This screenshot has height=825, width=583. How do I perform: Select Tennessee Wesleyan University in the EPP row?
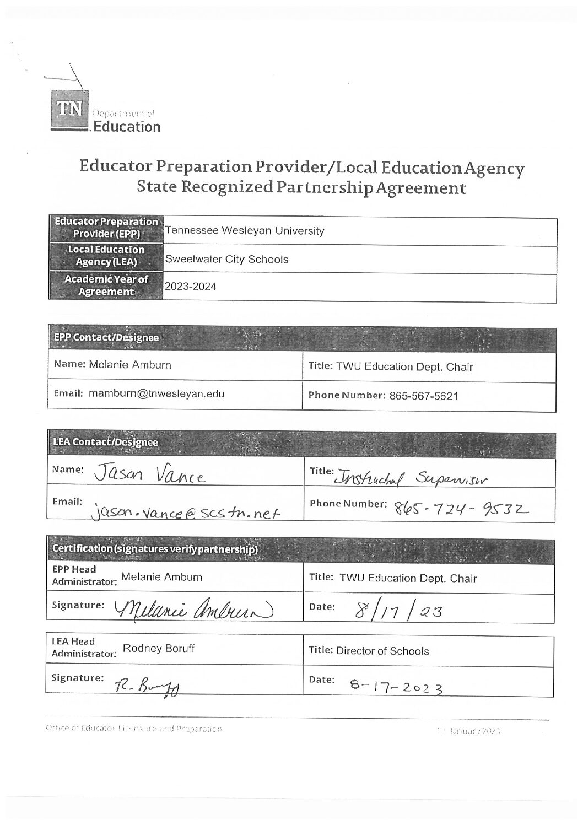coord(245,231)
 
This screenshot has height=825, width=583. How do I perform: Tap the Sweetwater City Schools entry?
coord(226,260)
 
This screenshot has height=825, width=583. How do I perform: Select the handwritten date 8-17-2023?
coord(397,685)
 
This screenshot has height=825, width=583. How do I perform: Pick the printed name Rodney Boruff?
coord(159,649)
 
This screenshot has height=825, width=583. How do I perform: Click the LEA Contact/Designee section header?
coord(105,442)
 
